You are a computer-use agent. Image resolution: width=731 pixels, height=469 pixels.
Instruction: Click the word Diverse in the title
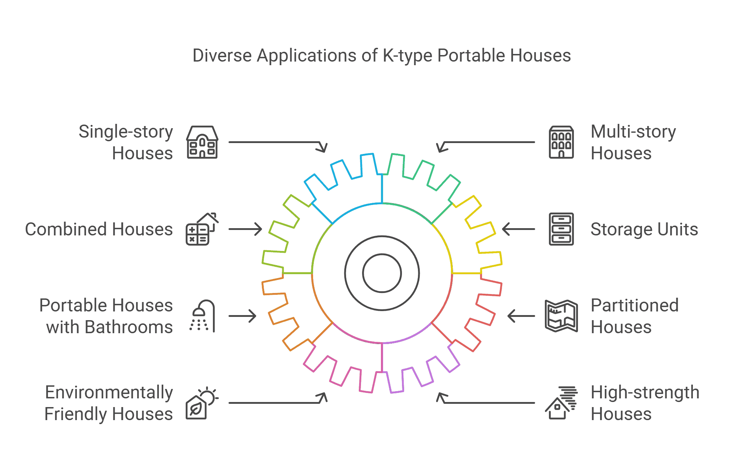click(222, 56)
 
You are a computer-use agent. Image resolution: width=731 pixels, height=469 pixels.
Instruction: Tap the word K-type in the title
click(407, 56)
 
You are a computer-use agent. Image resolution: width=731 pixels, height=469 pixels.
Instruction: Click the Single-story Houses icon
click(202, 142)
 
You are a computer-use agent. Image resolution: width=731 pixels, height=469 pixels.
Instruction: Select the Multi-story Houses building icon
click(561, 142)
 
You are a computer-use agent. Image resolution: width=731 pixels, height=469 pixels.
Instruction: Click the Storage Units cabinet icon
click(561, 229)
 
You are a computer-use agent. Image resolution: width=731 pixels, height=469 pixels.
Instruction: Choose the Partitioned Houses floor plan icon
click(561, 316)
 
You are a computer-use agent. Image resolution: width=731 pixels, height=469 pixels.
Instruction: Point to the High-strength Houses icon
click(561, 403)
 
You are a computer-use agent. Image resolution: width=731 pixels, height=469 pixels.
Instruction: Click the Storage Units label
click(644, 229)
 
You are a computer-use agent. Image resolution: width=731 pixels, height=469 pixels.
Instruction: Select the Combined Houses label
click(99, 229)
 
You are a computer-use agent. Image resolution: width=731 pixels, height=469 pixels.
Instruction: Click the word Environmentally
click(109, 393)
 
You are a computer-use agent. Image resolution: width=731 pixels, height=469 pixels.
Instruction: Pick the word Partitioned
click(635, 305)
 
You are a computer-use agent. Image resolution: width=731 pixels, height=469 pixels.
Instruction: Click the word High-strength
click(645, 392)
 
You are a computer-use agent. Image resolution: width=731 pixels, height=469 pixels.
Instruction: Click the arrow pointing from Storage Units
click(518, 229)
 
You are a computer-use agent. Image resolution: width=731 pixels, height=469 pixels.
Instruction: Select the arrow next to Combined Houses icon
click(245, 229)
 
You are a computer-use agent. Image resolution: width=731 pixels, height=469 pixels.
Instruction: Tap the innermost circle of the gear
click(382, 273)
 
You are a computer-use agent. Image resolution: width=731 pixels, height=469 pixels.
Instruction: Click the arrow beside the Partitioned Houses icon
click(521, 316)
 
